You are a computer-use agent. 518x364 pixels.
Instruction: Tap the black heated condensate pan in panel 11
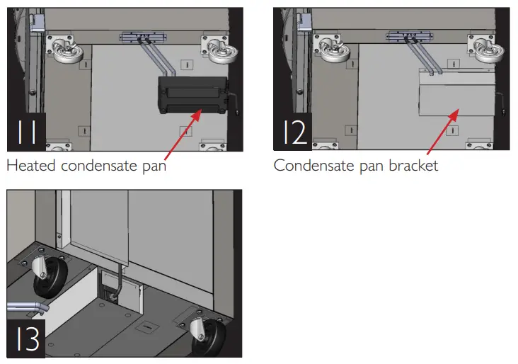(x=190, y=95)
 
